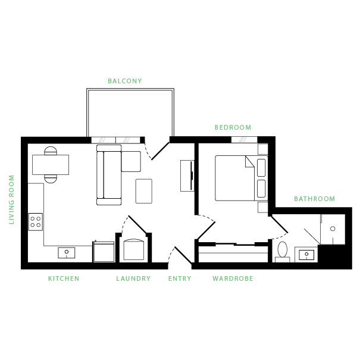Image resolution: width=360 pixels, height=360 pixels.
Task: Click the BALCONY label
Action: coord(125,81)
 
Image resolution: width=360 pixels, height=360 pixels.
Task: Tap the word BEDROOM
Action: coord(233,127)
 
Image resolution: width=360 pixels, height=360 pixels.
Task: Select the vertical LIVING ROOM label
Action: coord(11,200)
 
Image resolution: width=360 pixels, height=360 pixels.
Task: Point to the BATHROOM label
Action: coord(314,199)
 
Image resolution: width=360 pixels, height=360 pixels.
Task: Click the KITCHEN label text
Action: coord(63,278)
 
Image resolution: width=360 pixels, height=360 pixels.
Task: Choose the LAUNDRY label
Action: coord(133,278)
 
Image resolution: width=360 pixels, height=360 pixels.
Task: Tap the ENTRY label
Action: coord(180,278)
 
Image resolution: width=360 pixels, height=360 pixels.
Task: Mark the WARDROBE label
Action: coord(233,278)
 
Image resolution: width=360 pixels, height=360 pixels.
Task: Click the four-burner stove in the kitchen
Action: coord(36,222)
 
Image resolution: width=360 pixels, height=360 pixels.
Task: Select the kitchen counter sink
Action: coord(67,252)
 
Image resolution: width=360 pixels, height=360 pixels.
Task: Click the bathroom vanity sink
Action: coord(306,255)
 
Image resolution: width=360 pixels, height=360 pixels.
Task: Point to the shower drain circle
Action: coord(333,228)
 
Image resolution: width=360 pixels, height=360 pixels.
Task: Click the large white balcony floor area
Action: coord(130,113)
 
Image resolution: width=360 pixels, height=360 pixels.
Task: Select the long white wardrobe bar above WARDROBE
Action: coord(233,258)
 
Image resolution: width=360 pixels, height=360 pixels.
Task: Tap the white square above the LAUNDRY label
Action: coord(133,251)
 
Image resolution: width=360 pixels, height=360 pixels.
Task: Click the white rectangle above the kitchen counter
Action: coord(51,165)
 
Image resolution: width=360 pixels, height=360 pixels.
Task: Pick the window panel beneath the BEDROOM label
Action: coord(244,140)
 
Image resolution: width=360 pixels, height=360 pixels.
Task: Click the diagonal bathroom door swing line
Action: coord(312,236)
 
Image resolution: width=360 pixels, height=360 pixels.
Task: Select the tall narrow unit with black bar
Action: coord(187,176)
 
